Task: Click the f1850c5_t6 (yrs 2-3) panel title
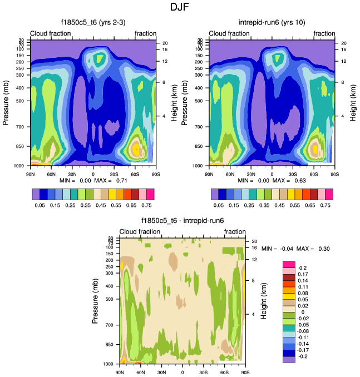click(x=93, y=23)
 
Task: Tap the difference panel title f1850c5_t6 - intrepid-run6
click(x=182, y=221)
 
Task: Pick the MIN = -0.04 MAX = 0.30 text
click(x=295, y=248)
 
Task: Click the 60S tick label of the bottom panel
click(x=224, y=371)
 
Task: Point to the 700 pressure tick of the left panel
click(x=22, y=127)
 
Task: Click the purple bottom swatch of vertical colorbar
click(x=288, y=360)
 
